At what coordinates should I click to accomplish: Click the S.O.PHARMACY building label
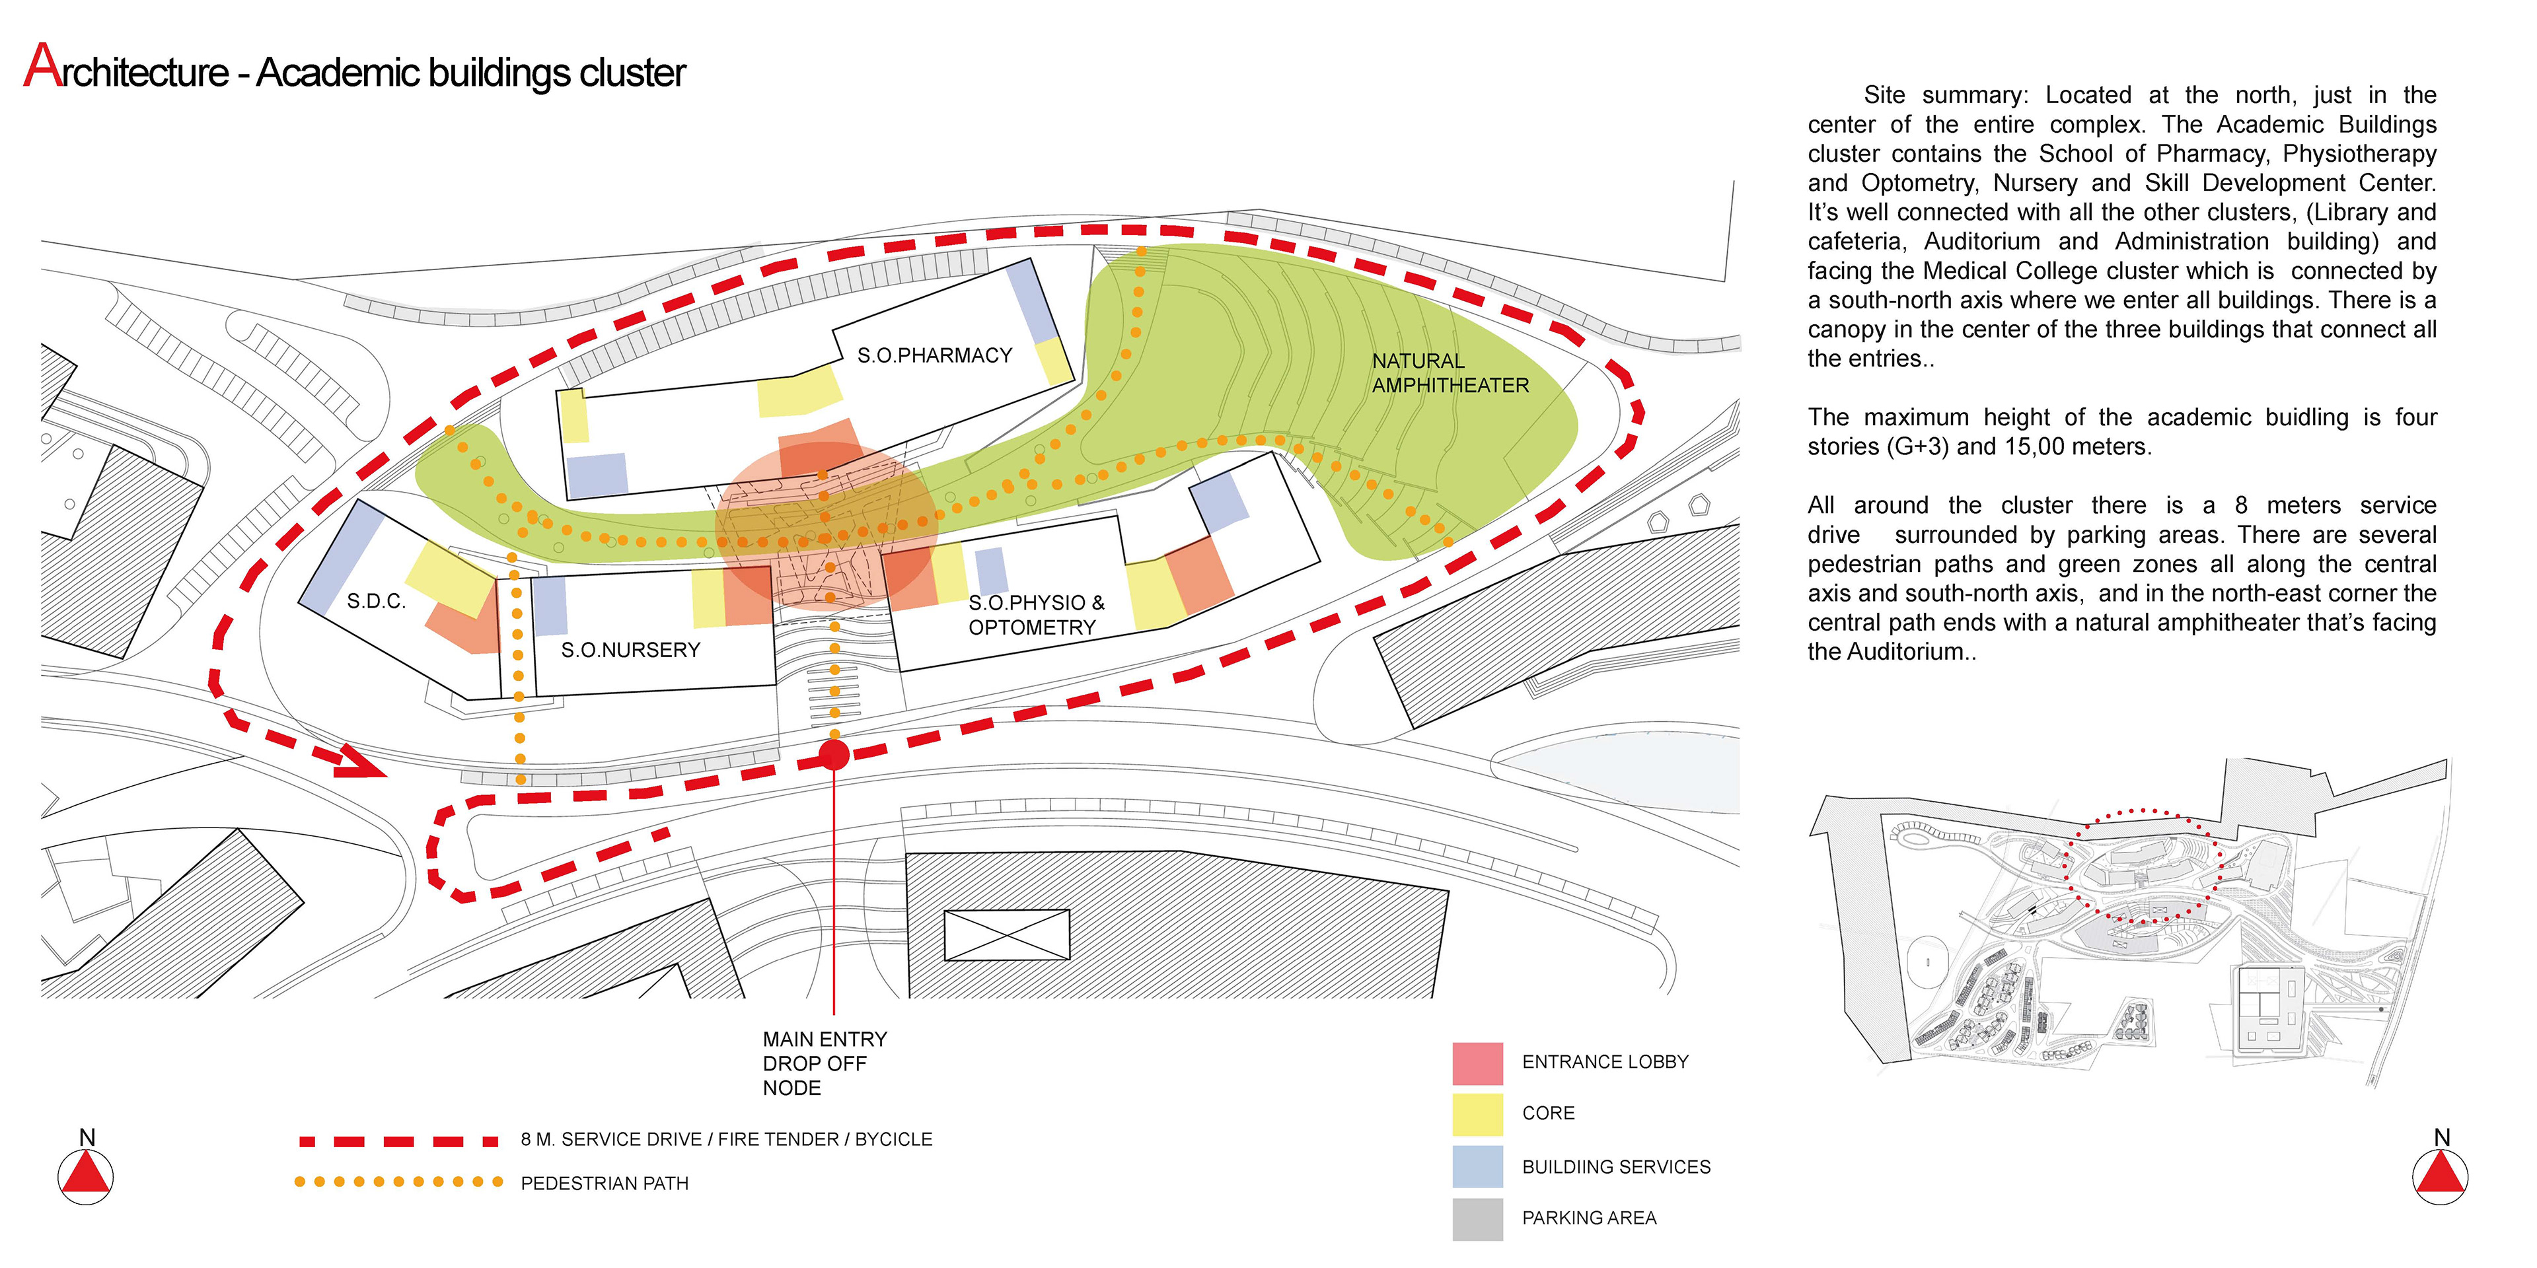coord(934,355)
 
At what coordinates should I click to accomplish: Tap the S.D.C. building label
coord(376,602)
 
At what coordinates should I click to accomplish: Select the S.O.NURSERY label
coord(630,650)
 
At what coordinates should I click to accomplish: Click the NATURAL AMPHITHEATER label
coord(1450,373)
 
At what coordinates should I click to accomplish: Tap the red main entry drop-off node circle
coord(834,755)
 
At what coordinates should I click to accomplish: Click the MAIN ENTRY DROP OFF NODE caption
coord(825,1063)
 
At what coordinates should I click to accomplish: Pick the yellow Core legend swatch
coord(1477,1114)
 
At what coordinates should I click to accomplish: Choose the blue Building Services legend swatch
coord(1477,1166)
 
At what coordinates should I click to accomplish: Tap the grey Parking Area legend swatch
coord(1477,1218)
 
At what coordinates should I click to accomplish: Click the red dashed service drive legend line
coord(399,1142)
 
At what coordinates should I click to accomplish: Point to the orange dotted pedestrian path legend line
coord(399,1181)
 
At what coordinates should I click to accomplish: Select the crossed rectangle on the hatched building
coord(1006,934)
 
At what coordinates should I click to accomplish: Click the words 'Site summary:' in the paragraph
coord(1945,96)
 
